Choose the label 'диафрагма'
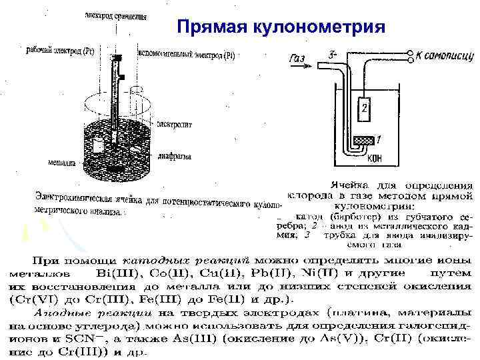tap(176, 157)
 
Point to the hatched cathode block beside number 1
tap(364, 140)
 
